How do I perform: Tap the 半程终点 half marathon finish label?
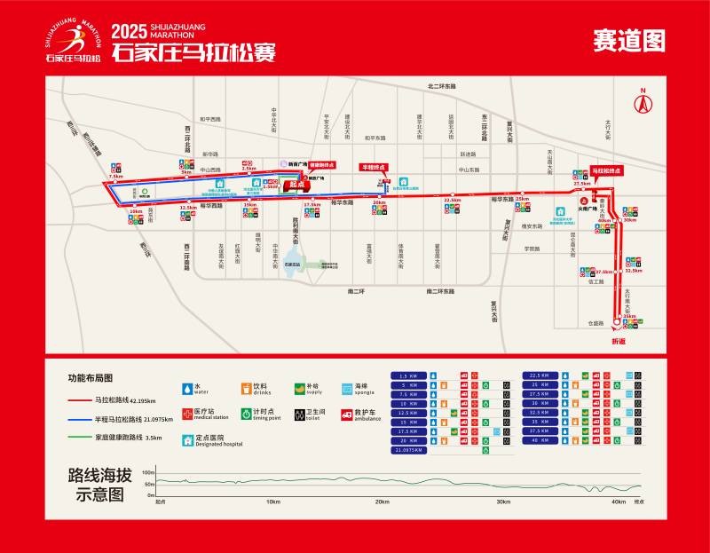click(373, 166)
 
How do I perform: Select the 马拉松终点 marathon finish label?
click(607, 170)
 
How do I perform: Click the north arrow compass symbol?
click(641, 99)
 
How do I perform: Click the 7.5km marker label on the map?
click(115, 177)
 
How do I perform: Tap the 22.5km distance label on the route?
click(453, 201)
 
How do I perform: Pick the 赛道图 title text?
click(628, 40)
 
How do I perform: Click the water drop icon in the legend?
click(186, 388)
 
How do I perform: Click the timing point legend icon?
click(245, 413)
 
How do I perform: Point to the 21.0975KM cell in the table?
click(409, 450)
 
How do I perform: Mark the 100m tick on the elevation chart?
click(148, 472)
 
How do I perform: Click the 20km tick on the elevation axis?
click(381, 501)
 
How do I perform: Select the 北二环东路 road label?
click(441, 86)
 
